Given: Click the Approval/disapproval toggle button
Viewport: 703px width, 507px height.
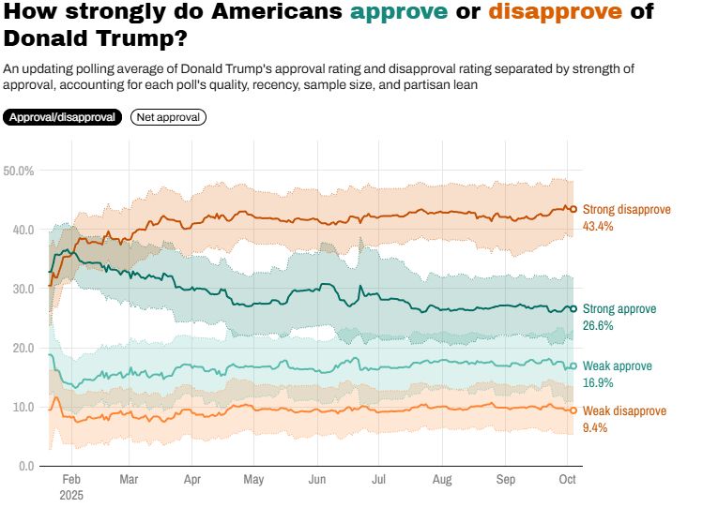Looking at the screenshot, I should tap(63, 117).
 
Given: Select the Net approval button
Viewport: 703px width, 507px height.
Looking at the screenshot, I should tap(168, 117).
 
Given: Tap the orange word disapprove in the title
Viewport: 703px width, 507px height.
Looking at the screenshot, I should tap(543, 12).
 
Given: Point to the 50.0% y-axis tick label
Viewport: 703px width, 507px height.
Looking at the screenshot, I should tap(19, 171).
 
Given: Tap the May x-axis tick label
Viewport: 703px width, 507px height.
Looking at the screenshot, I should tap(253, 479).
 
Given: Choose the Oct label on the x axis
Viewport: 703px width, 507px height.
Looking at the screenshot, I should tap(566, 479).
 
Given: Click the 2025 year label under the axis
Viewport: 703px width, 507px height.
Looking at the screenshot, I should tap(71, 494).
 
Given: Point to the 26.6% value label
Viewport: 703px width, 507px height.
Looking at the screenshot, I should tap(598, 326).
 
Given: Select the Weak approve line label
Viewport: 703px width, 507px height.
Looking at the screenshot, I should tap(618, 366).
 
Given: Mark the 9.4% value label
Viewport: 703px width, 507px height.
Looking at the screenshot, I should tap(595, 427).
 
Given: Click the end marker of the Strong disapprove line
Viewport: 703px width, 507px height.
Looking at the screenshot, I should tap(573, 209).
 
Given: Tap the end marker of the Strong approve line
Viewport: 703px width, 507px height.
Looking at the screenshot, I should tap(573, 308).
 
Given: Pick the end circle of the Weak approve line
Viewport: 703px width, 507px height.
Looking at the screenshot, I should tap(573, 365).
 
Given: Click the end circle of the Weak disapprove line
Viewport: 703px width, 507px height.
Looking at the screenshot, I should tap(573, 410).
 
